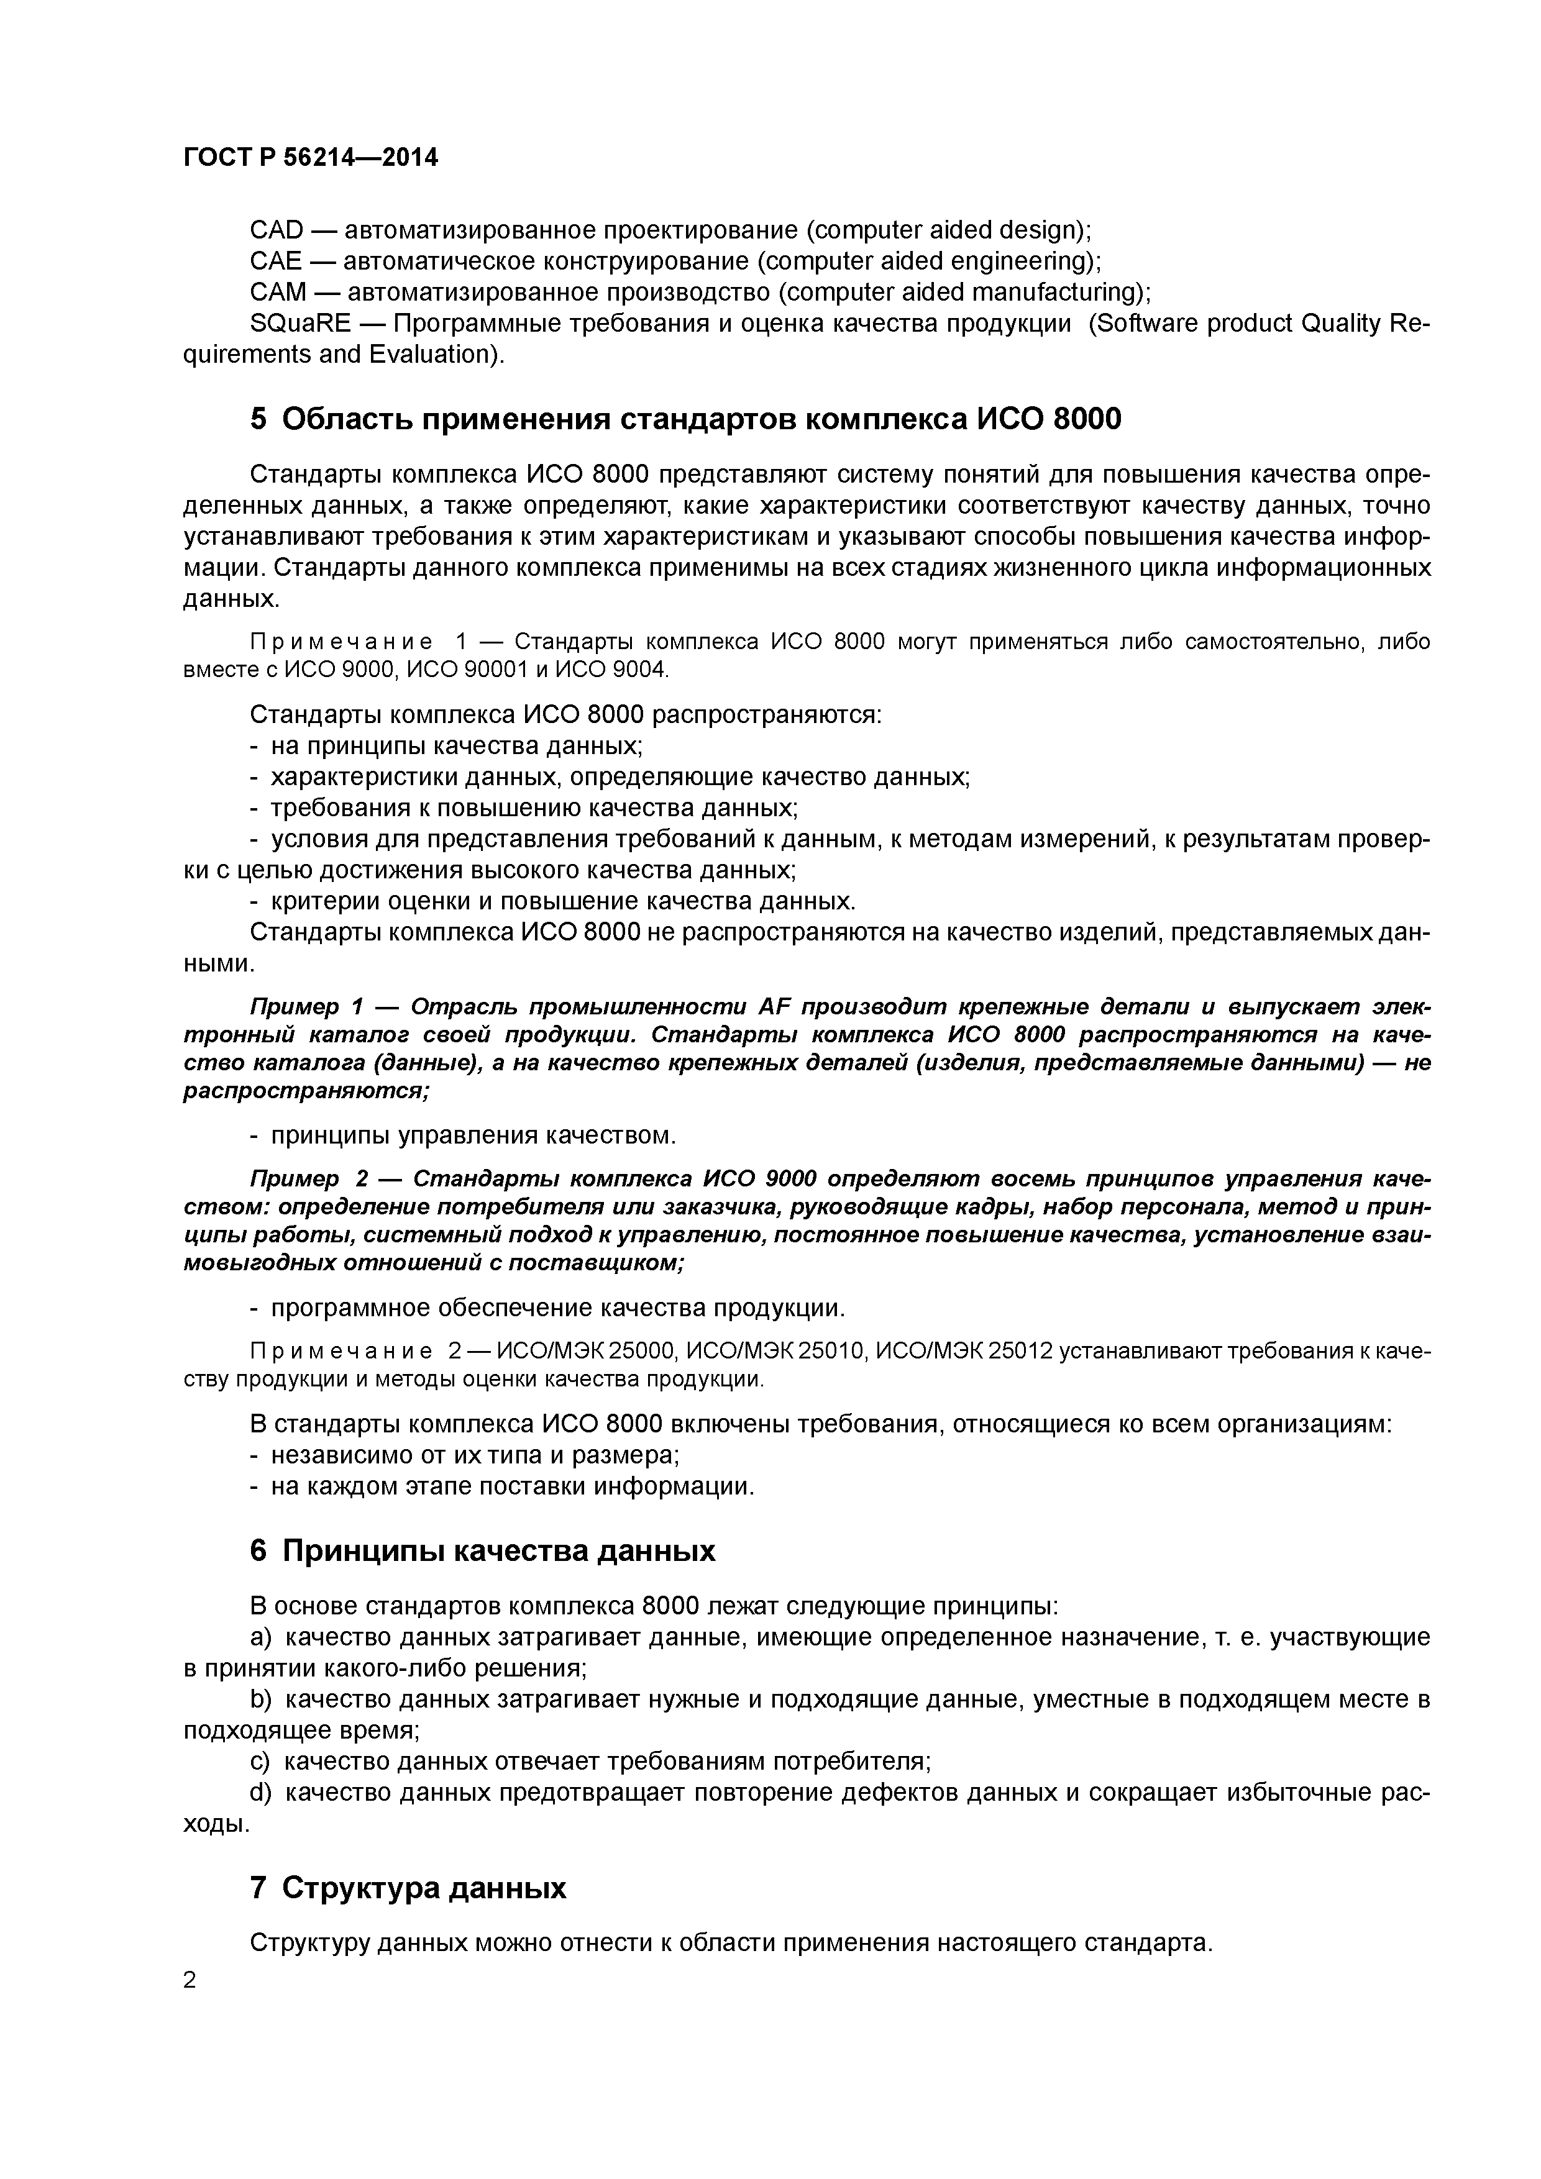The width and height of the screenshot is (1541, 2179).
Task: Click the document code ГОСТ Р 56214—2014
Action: pyautogui.click(x=311, y=158)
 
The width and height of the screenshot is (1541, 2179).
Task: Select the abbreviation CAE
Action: pyautogui.click(x=275, y=261)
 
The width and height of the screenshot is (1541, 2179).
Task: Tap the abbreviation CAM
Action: pyautogui.click(x=277, y=291)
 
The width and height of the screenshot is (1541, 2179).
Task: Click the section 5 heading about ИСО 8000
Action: pyautogui.click(x=685, y=419)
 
